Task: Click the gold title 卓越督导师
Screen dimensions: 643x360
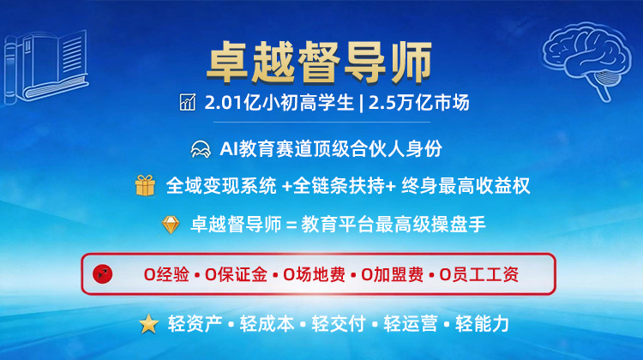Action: pos(320,62)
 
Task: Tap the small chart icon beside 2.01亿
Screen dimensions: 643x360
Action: pos(188,103)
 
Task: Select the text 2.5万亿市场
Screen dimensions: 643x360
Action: pos(418,103)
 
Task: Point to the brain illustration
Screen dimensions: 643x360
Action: pos(586,58)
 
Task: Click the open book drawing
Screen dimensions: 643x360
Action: pos(45,67)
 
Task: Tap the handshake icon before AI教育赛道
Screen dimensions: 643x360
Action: pos(201,149)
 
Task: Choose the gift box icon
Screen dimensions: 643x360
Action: pos(145,185)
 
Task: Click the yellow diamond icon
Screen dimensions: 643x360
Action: pos(171,225)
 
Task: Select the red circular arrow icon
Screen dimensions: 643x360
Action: pos(103,274)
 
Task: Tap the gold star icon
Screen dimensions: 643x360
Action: pos(149,323)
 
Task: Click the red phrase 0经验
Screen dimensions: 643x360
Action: pos(166,274)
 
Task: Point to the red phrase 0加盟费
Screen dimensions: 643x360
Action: pos(392,274)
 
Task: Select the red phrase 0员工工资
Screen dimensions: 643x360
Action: pos(479,274)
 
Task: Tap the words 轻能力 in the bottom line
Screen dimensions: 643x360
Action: pos(482,324)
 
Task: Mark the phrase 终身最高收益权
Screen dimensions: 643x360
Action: pos(466,186)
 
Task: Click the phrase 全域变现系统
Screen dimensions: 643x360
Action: pos(221,186)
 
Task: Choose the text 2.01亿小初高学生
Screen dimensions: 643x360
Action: pos(279,103)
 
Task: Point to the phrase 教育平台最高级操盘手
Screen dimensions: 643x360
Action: pos(394,225)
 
